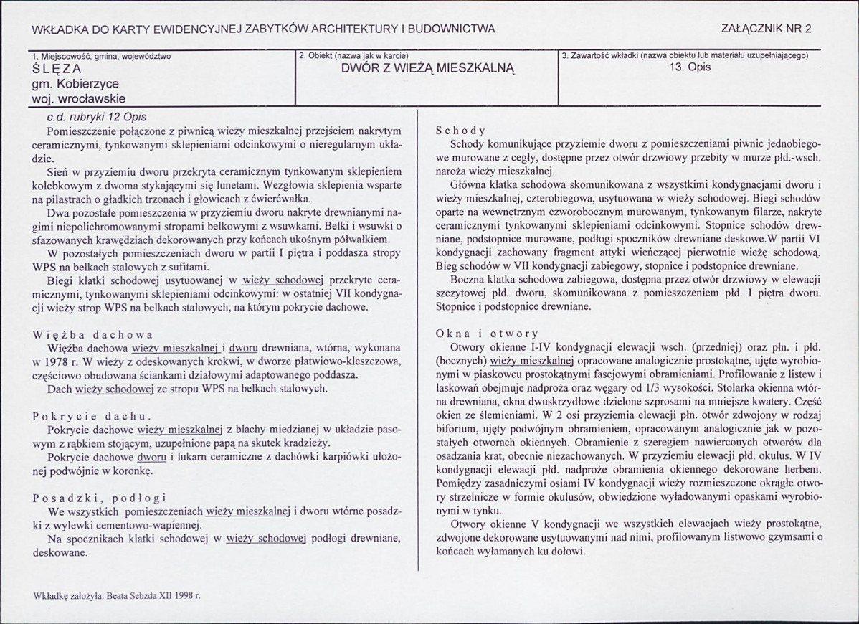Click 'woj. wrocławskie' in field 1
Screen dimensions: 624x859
[74, 98]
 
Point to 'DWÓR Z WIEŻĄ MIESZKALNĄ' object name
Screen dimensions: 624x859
[428, 70]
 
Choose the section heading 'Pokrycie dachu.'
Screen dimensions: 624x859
[90, 416]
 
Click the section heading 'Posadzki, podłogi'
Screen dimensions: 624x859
[99, 498]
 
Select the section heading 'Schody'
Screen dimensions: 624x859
[460, 131]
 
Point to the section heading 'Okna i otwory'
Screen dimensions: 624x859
[487, 334]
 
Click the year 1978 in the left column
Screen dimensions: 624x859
[59, 361]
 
